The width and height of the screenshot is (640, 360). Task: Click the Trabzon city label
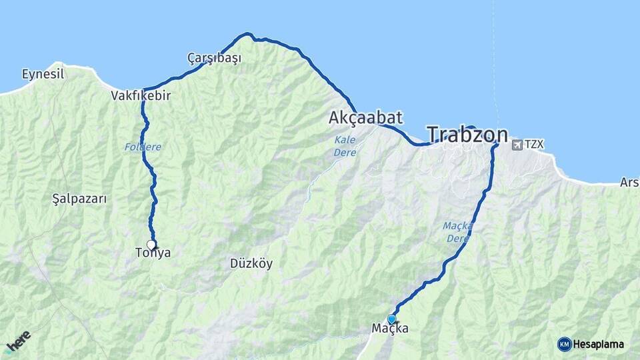[x=467, y=135]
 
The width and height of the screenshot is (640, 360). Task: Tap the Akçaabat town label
[x=365, y=118]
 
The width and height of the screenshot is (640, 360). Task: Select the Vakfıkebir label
[x=141, y=96]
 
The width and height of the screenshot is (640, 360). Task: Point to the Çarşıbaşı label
[x=214, y=59]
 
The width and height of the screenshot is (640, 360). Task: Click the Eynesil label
[x=43, y=74]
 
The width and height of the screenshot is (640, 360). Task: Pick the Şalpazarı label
[x=79, y=199]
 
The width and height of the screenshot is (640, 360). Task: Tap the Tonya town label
[x=153, y=253]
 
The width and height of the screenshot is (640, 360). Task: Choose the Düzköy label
[x=251, y=263]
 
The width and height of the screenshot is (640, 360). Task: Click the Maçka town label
[x=391, y=329]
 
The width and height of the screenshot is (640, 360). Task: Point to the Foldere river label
[x=143, y=147]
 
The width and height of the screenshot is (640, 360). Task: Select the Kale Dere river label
[x=345, y=147]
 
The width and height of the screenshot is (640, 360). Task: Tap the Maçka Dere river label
[x=457, y=232]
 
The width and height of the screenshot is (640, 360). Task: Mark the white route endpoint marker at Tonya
[x=151, y=244]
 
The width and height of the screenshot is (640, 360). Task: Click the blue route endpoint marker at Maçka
[x=391, y=319]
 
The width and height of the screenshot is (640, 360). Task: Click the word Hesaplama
[x=599, y=345]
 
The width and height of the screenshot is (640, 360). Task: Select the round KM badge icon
[x=564, y=345]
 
